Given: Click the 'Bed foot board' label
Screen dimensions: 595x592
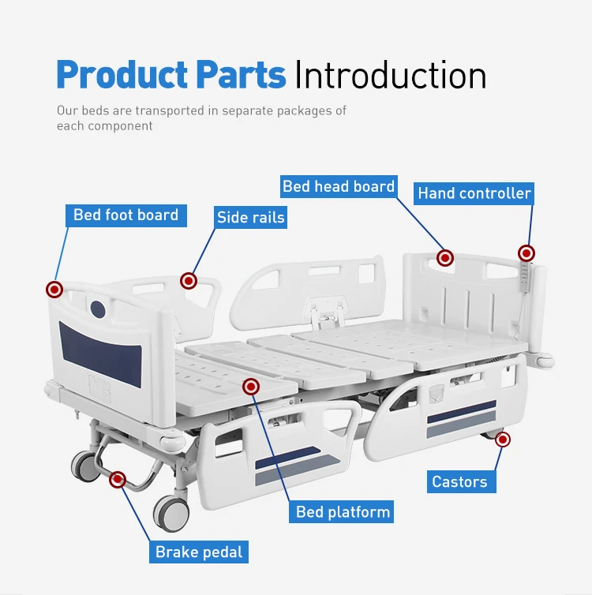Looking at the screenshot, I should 126,215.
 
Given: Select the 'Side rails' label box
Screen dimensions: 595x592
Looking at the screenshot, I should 250,217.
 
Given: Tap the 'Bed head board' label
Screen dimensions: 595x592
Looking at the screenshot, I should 339,186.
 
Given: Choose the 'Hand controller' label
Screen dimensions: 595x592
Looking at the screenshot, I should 474,193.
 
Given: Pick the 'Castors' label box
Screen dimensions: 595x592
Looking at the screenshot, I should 459,481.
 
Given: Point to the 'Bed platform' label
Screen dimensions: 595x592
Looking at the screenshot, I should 343,512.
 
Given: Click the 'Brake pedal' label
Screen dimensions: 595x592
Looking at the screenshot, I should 200,552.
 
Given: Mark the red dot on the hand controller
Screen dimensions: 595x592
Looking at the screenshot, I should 526,253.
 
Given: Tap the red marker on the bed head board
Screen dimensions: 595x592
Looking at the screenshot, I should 445,258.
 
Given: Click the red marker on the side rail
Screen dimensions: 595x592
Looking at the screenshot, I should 188,280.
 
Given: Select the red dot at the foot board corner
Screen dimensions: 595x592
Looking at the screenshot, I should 54,290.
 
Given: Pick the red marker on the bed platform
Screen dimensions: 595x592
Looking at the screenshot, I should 252,386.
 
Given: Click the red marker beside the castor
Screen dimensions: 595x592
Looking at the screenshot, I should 503,440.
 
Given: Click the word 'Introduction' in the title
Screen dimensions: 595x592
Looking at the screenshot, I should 390,75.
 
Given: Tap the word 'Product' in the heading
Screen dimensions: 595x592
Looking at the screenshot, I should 121,75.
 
